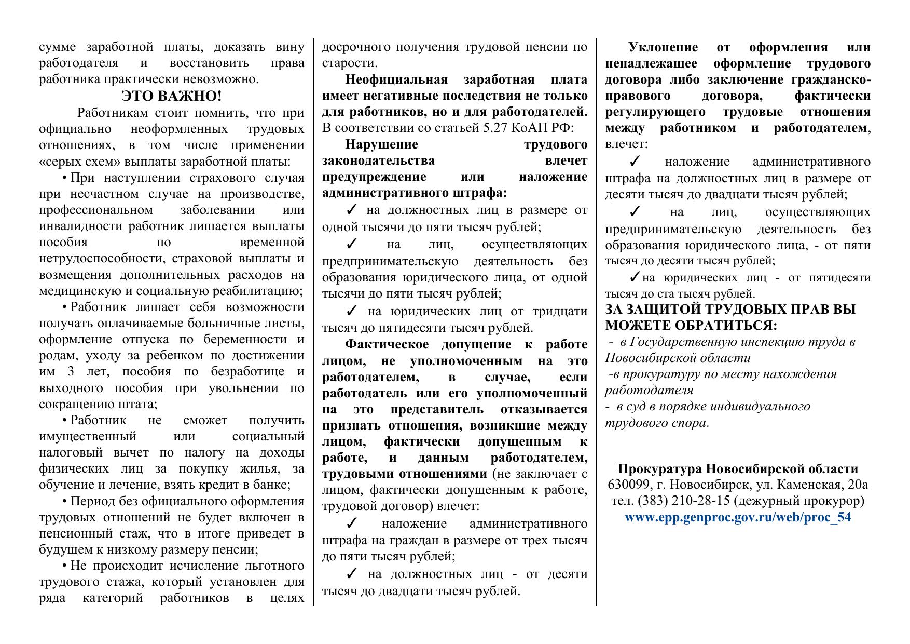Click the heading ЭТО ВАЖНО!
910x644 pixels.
pyautogui.click(x=171, y=96)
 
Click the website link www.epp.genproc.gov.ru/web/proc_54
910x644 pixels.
pyautogui.click(x=738, y=517)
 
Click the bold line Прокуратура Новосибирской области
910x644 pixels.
pyautogui.click(x=738, y=468)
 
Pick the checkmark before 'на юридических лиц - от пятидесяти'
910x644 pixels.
pyautogui.click(x=635, y=277)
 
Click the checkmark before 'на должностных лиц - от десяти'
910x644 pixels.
pyautogui.click(x=351, y=574)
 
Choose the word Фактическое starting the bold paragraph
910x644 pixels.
pyautogui.click(x=387, y=345)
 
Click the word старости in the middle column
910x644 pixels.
pyautogui.click(x=348, y=63)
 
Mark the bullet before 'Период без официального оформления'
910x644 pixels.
pyautogui.click(x=65, y=502)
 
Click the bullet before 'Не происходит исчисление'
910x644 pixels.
pyautogui.click(x=65, y=566)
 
